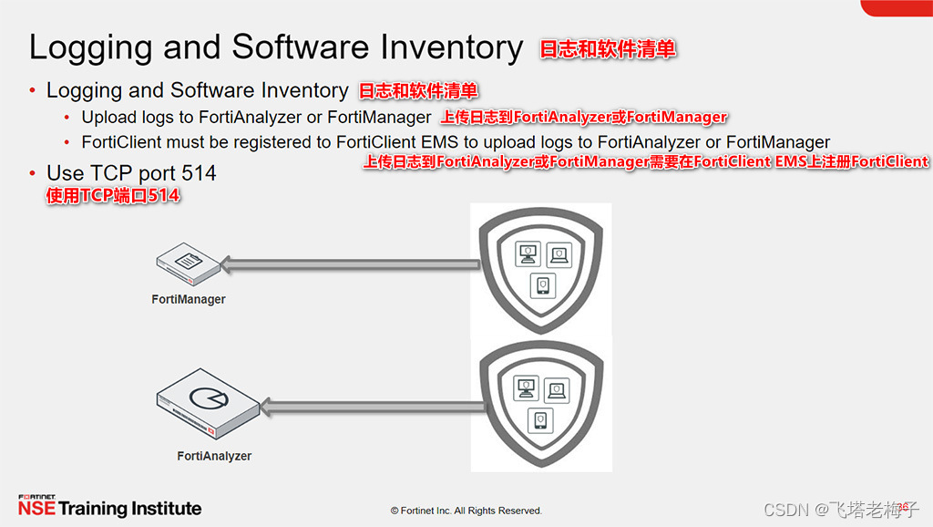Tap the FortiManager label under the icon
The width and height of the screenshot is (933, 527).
[189, 299]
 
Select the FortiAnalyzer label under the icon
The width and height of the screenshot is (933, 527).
[214, 456]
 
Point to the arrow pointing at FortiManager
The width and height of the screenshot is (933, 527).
[351, 265]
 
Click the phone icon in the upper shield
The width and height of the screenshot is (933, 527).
[543, 285]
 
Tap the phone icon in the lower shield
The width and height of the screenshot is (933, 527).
[539, 420]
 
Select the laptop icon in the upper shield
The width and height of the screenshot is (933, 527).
[558, 255]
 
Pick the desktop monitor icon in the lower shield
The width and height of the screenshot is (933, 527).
[524, 388]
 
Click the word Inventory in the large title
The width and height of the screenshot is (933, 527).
[453, 47]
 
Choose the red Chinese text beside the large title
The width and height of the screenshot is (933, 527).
[608, 49]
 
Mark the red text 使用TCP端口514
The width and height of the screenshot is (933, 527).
[113, 196]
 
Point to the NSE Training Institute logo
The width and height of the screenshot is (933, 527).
[109, 507]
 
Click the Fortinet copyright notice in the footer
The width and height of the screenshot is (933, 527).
[466, 511]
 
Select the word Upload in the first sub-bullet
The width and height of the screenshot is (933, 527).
[105, 117]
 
